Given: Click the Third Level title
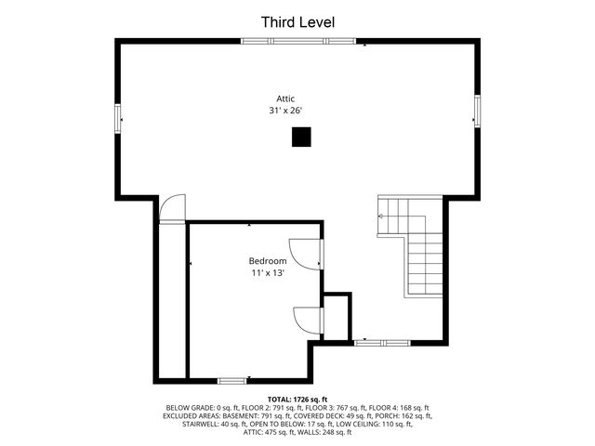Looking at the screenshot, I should pyautogui.click(x=297, y=21).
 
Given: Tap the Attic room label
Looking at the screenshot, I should pyautogui.click(x=286, y=98).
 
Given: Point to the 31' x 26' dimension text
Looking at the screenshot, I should pyautogui.click(x=286, y=111).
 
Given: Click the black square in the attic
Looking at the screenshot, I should pyautogui.click(x=301, y=138).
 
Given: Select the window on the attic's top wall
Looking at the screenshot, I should pyautogui.click(x=297, y=40).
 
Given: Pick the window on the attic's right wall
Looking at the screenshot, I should pyautogui.click(x=477, y=111).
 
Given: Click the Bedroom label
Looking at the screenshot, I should pyautogui.click(x=267, y=261).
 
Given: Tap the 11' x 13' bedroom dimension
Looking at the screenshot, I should pyautogui.click(x=267, y=274).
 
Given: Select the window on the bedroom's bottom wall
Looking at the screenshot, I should pyautogui.click(x=232, y=379).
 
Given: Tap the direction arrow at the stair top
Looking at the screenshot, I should pyautogui.click(x=380, y=216).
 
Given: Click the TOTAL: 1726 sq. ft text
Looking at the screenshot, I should pyautogui.click(x=297, y=399).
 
